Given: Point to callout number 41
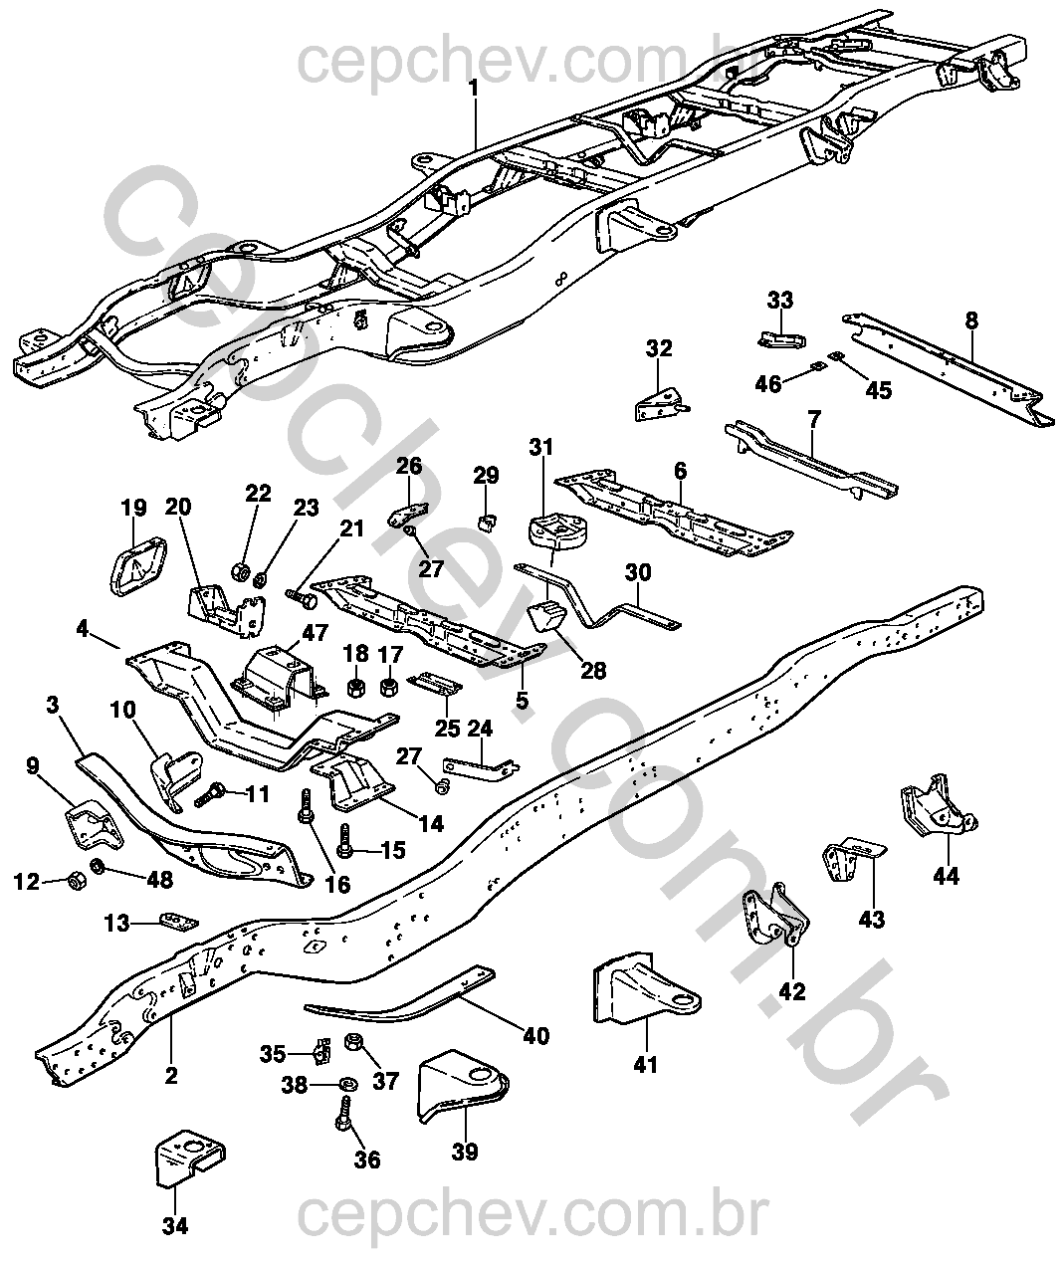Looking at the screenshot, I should (646, 1064).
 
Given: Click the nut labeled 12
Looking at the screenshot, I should (75, 880).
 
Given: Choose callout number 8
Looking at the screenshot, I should (971, 320).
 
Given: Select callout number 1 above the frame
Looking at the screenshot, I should (474, 88).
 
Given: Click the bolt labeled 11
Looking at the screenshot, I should (214, 795).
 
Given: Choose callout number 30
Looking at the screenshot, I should (638, 572).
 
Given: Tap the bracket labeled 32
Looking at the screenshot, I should (659, 404).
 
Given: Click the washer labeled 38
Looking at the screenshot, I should (348, 1084).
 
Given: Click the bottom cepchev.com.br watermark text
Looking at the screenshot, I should (532, 1215).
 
